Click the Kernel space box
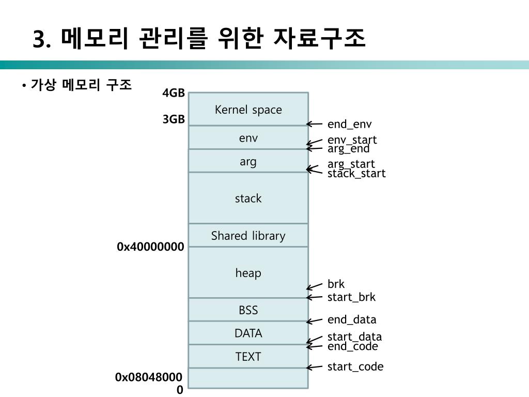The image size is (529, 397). (248, 109)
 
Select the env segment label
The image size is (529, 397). (248, 138)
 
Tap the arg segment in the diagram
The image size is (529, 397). (248, 161)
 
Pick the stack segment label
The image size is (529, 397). (248, 198)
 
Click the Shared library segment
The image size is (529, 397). (248, 236)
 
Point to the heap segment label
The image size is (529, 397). (248, 272)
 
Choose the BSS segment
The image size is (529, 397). (248, 310)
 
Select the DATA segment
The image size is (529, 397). (248, 333)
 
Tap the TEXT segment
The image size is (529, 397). (248, 356)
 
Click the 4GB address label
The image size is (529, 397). (174, 93)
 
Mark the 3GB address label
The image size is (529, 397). (174, 119)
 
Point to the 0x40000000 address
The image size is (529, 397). (150, 247)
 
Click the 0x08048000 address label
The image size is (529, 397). (149, 378)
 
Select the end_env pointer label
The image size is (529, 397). (349, 124)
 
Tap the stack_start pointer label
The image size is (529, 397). (356, 173)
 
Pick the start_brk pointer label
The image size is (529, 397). (351, 297)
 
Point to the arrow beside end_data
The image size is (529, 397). (314, 321)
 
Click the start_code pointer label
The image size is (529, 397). (355, 367)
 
